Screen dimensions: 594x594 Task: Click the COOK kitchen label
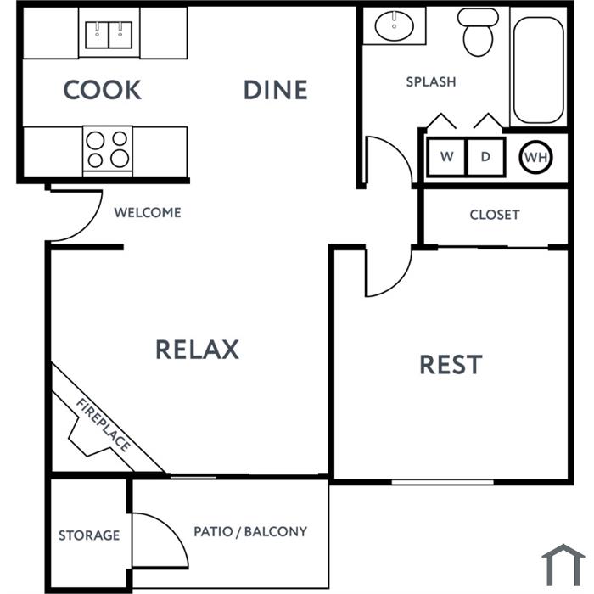click(x=103, y=90)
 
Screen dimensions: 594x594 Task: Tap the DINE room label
click(x=276, y=90)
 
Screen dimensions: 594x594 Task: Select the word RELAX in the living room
click(x=198, y=350)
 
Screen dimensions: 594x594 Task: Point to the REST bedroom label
click(x=451, y=364)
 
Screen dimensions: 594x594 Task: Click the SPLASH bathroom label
click(x=431, y=81)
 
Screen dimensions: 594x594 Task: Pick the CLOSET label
click(x=495, y=215)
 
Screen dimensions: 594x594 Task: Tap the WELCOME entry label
click(x=148, y=212)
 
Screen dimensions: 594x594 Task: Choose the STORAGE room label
click(x=89, y=535)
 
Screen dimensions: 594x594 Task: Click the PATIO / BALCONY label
click(x=250, y=531)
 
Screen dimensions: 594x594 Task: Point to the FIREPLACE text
click(x=104, y=424)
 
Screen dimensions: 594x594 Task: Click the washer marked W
click(x=446, y=157)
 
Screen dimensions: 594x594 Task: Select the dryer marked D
click(x=486, y=157)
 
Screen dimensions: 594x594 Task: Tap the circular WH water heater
click(x=536, y=157)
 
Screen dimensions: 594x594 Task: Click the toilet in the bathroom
click(x=478, y=32)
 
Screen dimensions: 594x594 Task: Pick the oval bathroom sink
click(x=394, y=25)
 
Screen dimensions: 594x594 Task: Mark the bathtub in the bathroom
click(x=538, y=70)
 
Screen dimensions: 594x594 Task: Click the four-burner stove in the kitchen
click(x=108, y=151)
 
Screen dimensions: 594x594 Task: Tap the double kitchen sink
click(x=109, y=36)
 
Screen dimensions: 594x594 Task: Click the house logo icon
click(x=563, y=565)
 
